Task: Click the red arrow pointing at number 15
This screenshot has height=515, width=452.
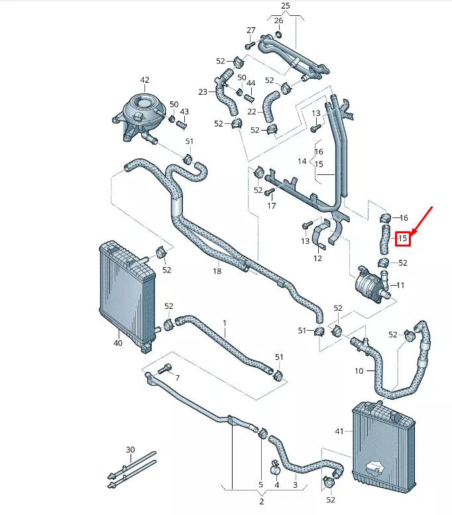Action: pyautogui.click(x=423, y=220)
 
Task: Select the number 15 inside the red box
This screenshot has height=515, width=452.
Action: pyautogui.click(x=403, y=238)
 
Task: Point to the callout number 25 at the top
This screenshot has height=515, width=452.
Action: pyautogui.click(x=286, y=6)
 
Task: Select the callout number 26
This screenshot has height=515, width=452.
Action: pyautogui.click(x=278, y=21)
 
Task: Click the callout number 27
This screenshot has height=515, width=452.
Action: pyautogui.click(x=251, y=30)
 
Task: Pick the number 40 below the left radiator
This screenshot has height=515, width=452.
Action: pyautogui.click(x=117, y=343)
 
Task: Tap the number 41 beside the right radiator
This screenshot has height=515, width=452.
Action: pyautogui.click(x=339, y=431)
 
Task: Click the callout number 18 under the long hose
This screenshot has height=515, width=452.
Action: pyautogui.click(x=217, y=271)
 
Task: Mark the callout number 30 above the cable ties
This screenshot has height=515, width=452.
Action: pyautogui.click(x=130, y=450)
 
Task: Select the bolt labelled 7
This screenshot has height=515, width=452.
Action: pyautogui.click(x=166, y=369)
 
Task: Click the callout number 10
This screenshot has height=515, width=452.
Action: pyautogui.click(x=359, y=371)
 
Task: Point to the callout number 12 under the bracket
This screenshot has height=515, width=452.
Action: pyautogui.click(x=317, y=258)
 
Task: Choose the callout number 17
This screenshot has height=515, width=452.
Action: pyautogui.click(x=271, y=206)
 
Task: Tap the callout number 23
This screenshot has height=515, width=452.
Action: pyautogui.click(x=203, y=92)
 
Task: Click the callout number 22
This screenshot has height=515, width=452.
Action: pyautogui.click(x=251, y=111)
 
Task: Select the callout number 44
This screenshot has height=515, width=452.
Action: pyautogui.click(x=251, y=84)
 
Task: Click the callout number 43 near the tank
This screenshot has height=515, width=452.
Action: pyautogui.click(x=184, y=112)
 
